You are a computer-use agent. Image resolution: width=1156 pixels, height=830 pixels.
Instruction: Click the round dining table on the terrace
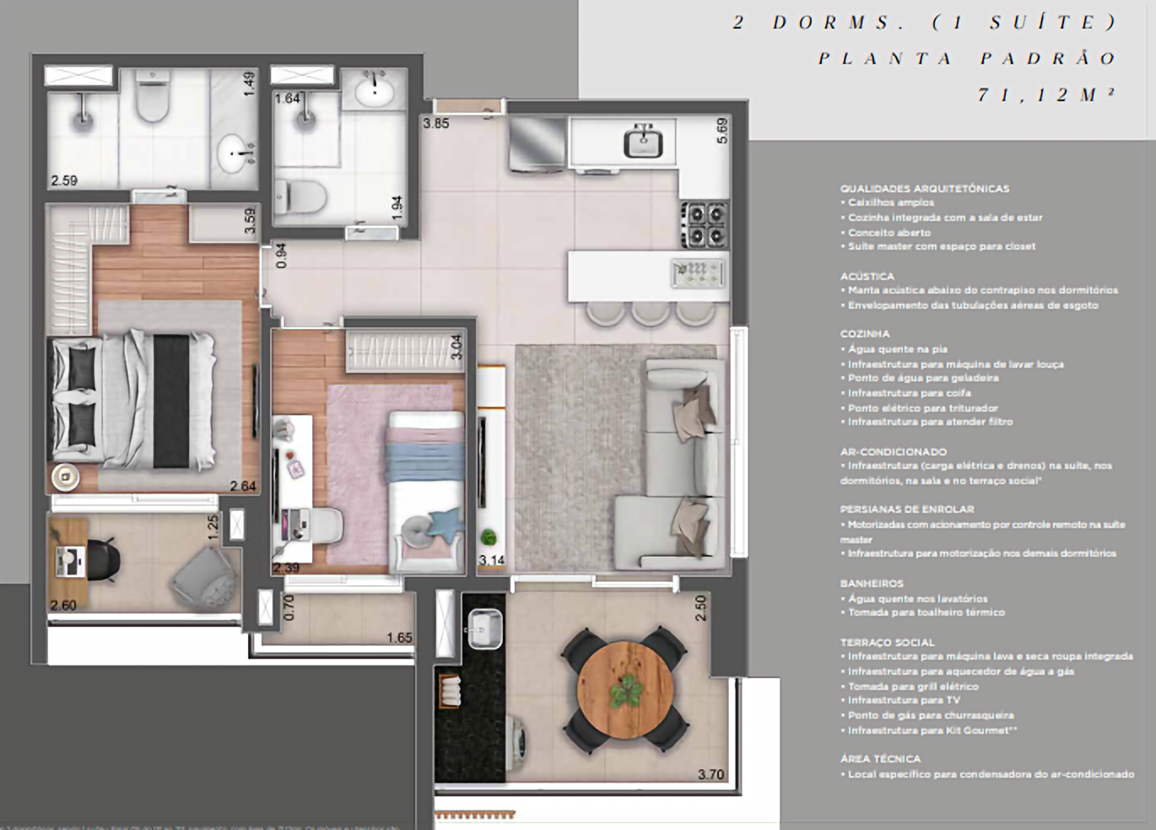pyautogui.click(x=625, y=687)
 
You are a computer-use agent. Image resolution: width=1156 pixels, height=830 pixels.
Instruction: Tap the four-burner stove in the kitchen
pyautogui.click(x=705, y=224)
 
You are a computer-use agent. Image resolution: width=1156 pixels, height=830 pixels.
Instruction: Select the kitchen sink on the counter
pyautogui.click(x=643, y=141)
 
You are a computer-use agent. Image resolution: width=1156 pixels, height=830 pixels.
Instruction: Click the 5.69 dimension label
pyautogui.click(x=721, y=130)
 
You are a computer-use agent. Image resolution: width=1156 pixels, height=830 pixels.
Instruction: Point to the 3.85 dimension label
pyautogui.click(x=436, y=123)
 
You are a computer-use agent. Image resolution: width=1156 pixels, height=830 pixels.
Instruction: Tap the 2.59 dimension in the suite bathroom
pyautogui.click(x=64, y=181)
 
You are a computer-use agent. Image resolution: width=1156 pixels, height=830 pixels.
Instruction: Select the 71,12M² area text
pyautogui.click(x=1046, y=94)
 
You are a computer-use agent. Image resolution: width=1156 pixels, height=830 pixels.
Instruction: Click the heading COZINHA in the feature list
pyautogui.click(x=865, y=334)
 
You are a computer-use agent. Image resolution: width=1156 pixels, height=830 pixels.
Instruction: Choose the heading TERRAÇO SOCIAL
pyautogui.click(x=887, y=643)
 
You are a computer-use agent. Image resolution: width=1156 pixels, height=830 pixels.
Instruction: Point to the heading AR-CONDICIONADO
pyautogui.click(x=894, y=452)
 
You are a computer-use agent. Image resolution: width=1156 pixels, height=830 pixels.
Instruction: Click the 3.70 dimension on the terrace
pyautogui.click(x=710, y=774)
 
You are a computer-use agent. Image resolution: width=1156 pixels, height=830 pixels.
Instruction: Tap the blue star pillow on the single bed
pyautogui.click(x=445, y=521)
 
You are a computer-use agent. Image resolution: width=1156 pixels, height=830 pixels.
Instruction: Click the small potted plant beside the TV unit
pyautogui.click(x=489, y=537)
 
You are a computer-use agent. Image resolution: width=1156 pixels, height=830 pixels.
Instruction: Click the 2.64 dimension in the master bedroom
pyautogui.click(x=243, y=486)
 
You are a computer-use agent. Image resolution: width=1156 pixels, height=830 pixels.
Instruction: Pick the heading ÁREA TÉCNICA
pyautogui.click(x=880, y=759)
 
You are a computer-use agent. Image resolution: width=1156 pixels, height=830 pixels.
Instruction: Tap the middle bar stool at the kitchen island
pyautogui.click(x=651, y=312)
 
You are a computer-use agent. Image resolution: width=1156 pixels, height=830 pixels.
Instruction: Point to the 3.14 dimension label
pyautogui.click(x=491, y=560)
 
